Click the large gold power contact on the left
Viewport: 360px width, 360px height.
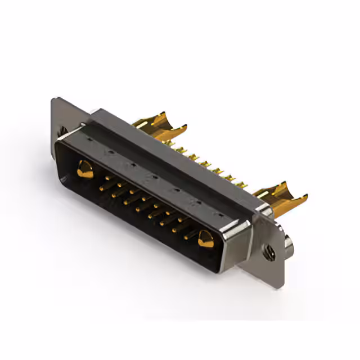pos(85,169)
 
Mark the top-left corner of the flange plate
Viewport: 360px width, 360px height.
pos(53,100)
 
